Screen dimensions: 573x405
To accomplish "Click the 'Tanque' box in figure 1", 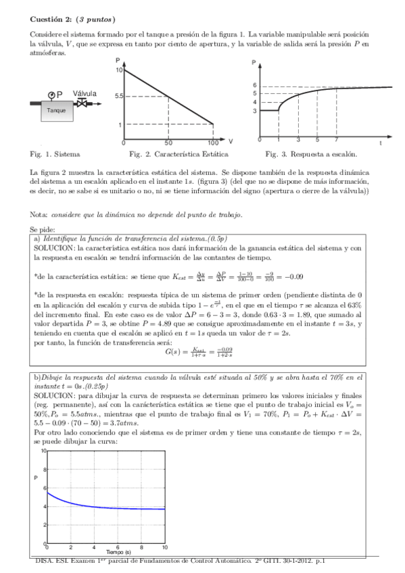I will click(x=56, y=110).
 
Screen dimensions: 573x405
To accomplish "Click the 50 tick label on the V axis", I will click(x=168, y=143).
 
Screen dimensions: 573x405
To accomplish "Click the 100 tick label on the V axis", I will click(x=212, y=143).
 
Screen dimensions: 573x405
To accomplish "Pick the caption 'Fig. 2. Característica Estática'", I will click(x=173, y=154).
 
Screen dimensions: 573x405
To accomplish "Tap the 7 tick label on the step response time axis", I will click(x=336, y=139).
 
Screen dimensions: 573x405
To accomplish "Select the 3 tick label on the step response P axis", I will click(x=254, y=110).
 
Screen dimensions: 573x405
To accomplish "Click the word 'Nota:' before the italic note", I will click(x=39, y=214).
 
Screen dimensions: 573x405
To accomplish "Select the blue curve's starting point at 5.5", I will click(x=47, y=493).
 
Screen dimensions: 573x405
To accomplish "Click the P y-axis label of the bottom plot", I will click(x=35, y=497).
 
